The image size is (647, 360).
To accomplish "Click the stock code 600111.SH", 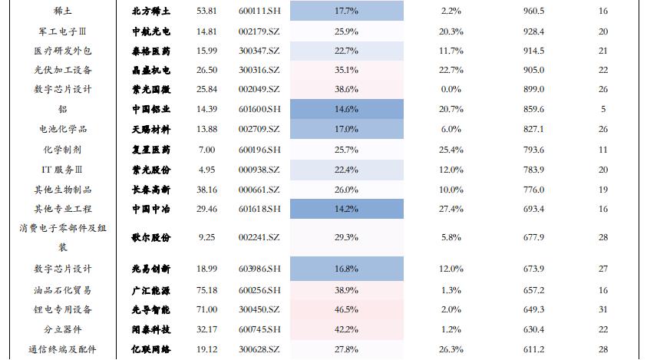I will coord(259,12).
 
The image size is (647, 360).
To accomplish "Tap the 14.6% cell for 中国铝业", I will coord(347,109).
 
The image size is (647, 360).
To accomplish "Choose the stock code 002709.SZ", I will coord(259,129).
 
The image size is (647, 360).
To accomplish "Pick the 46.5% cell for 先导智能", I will coord(347,309).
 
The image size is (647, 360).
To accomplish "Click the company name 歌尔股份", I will coord(151,238).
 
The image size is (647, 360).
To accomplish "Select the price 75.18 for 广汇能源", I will coord(206,289).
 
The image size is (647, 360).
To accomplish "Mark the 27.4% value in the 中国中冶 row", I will coord(451,209).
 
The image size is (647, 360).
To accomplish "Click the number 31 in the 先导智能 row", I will coord(603,309).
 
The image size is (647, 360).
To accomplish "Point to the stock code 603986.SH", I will coord(259,269).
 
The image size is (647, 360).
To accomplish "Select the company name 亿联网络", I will coord(151,349).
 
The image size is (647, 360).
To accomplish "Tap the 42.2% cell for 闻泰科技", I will coord(347,329).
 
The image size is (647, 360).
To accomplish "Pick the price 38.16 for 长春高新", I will coord(206,189).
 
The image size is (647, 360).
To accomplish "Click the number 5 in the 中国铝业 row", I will coord(603,109).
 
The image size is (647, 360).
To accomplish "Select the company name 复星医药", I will coord(151,149).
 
